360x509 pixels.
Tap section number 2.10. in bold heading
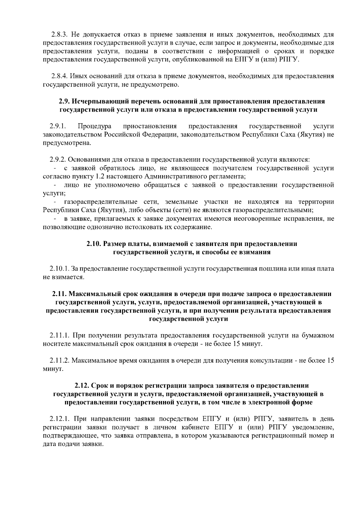pos(94,244)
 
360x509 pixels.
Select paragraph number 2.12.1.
pos(60,418)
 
